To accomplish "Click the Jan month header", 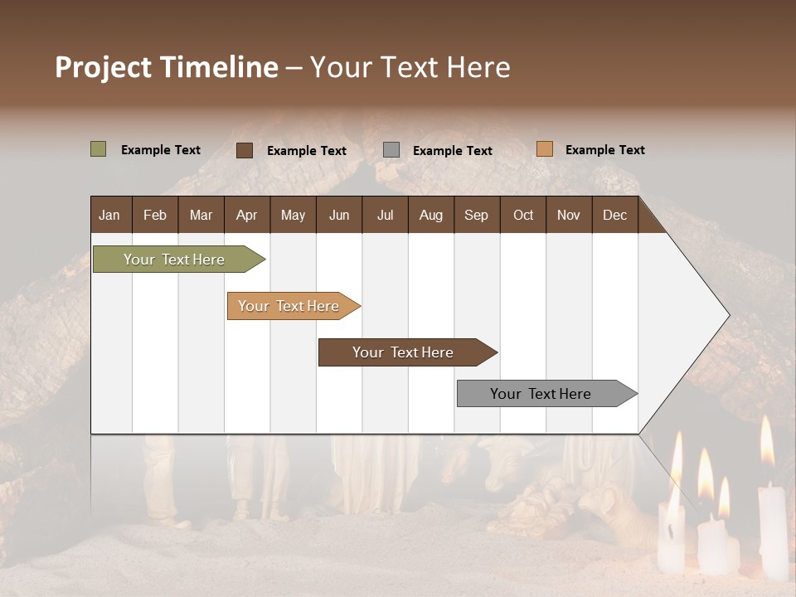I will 109,216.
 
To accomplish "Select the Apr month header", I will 246,216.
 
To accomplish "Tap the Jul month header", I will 385,216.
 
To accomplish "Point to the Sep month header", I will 476,216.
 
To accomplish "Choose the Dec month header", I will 614,216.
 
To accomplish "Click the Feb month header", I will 155,216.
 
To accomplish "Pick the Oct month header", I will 523,216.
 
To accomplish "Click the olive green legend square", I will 98,149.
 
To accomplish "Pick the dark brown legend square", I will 244,150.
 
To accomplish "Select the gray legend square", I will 391,150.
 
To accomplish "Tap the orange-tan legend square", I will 544,149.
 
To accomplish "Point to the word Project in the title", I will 104,67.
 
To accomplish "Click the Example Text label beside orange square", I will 604,150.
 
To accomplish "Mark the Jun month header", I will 339,216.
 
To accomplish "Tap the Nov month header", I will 569,216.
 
